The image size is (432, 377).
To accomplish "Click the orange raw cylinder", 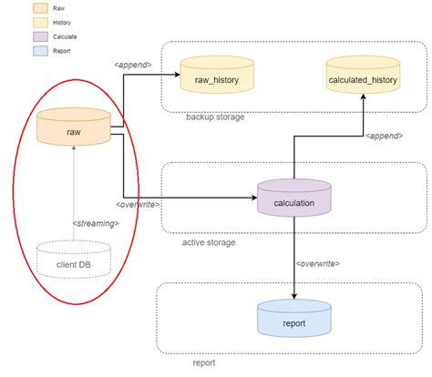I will coord(72,129).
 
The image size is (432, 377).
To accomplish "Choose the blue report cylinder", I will coord(293,321).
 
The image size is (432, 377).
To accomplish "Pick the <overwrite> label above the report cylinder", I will coord(318,263).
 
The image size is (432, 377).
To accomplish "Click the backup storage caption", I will coord(215,117).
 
